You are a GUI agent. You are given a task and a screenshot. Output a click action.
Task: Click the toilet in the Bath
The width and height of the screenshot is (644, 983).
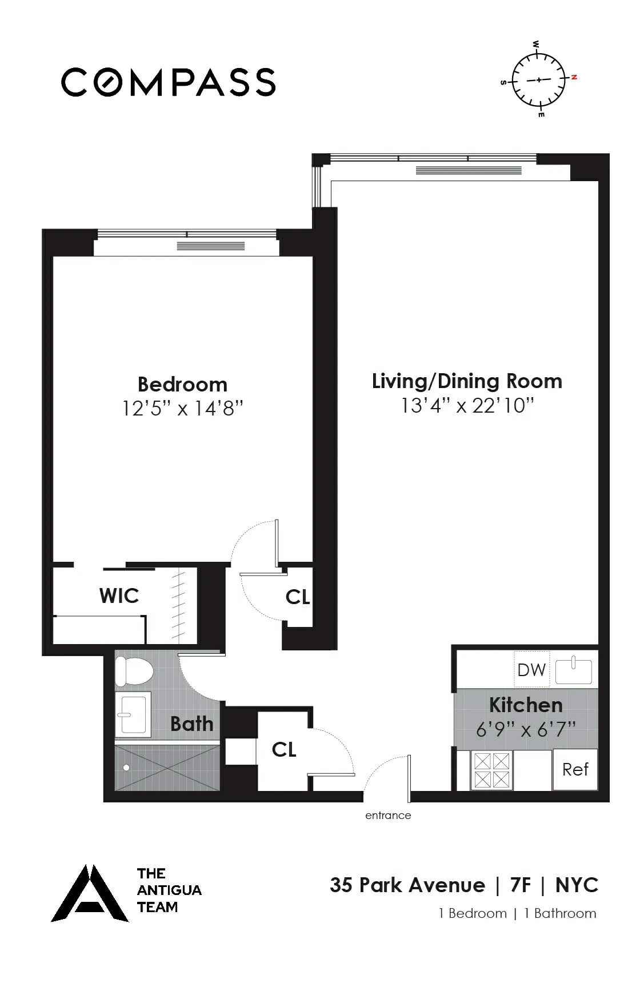click(x=133, y=671)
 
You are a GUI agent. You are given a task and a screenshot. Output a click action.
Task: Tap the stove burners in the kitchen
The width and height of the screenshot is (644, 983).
click(x=491, y=770)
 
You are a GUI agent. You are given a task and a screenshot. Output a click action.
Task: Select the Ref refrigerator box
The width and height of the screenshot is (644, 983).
click(x=575, y=769)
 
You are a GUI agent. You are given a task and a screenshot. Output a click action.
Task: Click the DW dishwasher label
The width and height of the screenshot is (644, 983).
click(x=531, y=669)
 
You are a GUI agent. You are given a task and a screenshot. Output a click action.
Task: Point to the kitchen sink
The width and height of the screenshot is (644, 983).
click(x=574, y=670)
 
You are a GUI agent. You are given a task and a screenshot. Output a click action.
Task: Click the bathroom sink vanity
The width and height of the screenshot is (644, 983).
click(x=133, y=714)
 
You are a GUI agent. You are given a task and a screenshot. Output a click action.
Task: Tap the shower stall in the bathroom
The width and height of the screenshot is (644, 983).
click(x=167, y=768)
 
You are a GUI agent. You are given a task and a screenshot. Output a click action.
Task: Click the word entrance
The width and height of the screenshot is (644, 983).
click(x=388, y=816)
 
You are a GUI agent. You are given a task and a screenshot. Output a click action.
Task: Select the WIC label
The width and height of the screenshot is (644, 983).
click(x=119, y=596)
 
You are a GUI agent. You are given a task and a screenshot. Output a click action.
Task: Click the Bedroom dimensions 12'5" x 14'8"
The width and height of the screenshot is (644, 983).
click(x=182, y=409)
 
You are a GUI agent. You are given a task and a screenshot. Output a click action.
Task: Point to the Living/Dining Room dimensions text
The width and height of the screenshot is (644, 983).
click(x=467, y=406)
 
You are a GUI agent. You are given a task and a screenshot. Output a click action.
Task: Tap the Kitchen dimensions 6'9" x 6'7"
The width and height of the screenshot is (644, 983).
click(x=526, y=729)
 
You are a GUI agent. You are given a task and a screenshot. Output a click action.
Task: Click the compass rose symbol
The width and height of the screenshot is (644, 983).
click(x=538, y=79)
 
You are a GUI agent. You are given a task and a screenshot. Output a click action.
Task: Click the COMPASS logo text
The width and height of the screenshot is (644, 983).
click(x=169, y=82)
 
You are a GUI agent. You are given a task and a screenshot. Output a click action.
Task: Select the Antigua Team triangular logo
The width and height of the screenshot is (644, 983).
click(x=90, y=894)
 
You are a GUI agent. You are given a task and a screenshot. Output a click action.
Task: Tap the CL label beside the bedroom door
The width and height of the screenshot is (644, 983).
click(x=297, y=597)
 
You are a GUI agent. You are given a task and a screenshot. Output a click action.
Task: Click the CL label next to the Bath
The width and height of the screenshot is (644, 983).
click(x=284, y=749)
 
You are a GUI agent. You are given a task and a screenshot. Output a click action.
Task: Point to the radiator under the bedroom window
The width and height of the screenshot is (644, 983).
click(x=210, y=246)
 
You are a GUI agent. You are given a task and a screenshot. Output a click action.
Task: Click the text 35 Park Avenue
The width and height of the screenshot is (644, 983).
click(x=407, y=885)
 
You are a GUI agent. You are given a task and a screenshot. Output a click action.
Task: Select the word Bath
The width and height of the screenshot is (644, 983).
click(x=191, y=724)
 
